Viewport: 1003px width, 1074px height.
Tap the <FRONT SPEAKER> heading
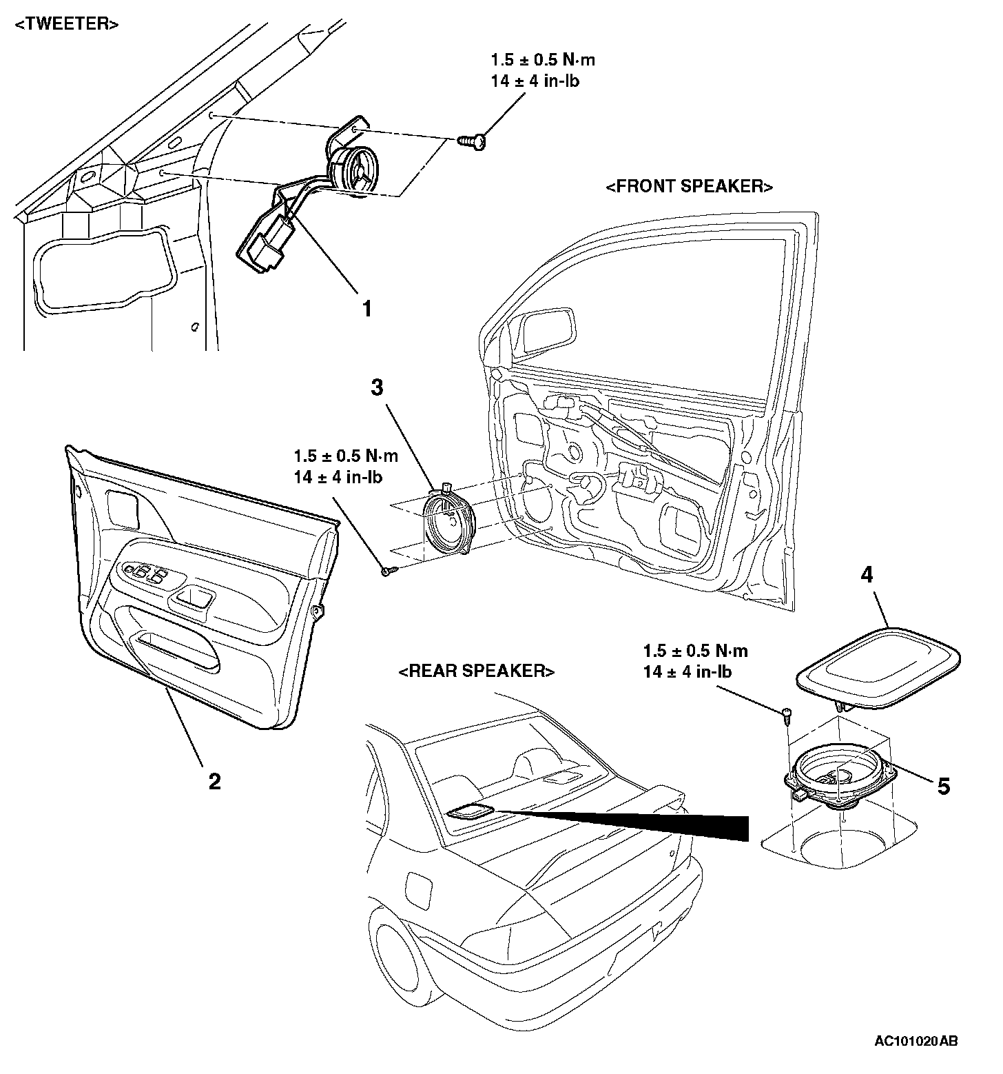[690, 187]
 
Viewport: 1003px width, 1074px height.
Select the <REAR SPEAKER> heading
[477, 671]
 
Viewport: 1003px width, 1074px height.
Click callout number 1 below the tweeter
[367, 309]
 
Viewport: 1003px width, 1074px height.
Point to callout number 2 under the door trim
[214, 781]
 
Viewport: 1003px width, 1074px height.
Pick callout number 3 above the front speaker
[377, 388]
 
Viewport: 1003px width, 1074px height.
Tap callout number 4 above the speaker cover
[867, 575]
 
